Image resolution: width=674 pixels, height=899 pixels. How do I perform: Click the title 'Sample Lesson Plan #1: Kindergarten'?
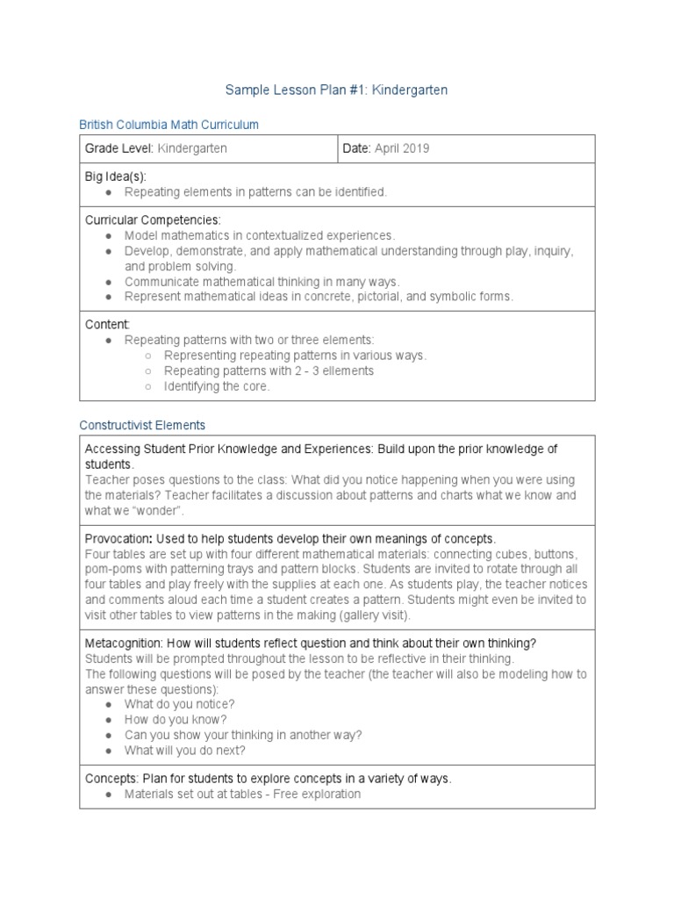click(x=337, y=90)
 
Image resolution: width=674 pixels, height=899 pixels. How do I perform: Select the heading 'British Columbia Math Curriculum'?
click(x=168, y=125)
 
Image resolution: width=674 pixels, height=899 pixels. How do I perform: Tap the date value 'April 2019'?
click(x=402, y=148)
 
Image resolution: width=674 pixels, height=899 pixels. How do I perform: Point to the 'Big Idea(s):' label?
click(x=115, y=176)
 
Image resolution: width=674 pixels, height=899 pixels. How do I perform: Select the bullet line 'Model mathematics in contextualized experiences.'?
click(x=260, y=235)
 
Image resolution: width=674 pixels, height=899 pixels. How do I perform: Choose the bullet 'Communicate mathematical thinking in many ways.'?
click(x=262, y=282)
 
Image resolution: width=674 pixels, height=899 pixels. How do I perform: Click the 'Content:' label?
click(x=107, y=324)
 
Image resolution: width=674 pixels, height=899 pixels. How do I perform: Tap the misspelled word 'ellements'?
click(x=347, y=370)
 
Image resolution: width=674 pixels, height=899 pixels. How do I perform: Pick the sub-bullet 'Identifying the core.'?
click(x=217, y=386)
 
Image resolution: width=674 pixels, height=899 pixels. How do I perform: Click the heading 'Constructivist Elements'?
click(x=142, y=425)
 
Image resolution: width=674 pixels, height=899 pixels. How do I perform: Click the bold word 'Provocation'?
click(x=118, y=538)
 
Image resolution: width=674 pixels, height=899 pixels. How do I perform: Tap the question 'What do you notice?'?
click(x=179, y=704)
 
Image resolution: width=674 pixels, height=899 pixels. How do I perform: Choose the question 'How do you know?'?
click(x=176, y=720)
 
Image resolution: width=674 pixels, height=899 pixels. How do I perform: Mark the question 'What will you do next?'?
click(x=185, y=751)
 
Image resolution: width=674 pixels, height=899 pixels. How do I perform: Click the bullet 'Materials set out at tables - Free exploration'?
click(x=242, y=794)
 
